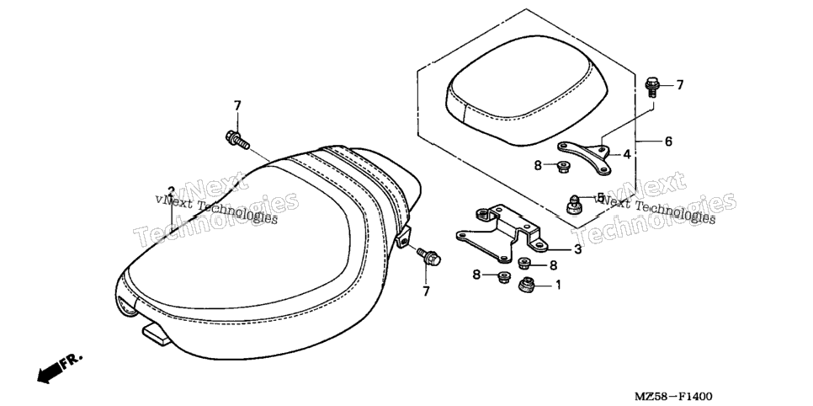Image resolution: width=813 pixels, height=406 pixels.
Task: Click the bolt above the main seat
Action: tap(237, 140)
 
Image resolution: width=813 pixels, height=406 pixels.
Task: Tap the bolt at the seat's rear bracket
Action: tap(428, 255)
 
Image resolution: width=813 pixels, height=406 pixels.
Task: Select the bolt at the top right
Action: tap(651, 88)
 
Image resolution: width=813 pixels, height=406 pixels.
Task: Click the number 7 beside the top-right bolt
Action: tap(680, 84)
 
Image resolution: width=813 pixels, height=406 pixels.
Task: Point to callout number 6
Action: tap(668, 141)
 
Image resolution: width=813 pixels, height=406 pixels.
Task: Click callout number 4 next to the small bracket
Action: tap(626, 154)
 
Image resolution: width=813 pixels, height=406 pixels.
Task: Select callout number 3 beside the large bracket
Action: tap(577, 249)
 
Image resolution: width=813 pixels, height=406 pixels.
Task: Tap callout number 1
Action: tap(559, 285)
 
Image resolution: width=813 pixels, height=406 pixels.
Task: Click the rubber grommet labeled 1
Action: tap(528, 286)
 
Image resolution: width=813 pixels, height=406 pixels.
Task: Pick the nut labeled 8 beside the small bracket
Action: tap(562, 168)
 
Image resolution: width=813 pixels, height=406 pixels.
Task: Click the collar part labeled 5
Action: tap(573, 204)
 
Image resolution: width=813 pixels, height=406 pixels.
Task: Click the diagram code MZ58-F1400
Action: tap(673, 398)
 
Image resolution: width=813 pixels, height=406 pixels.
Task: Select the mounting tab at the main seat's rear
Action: tap(403, 238)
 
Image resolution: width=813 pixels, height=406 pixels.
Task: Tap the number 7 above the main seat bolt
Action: tap(237, 106)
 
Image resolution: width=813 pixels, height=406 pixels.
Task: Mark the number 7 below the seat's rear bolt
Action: tap(426, 291)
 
